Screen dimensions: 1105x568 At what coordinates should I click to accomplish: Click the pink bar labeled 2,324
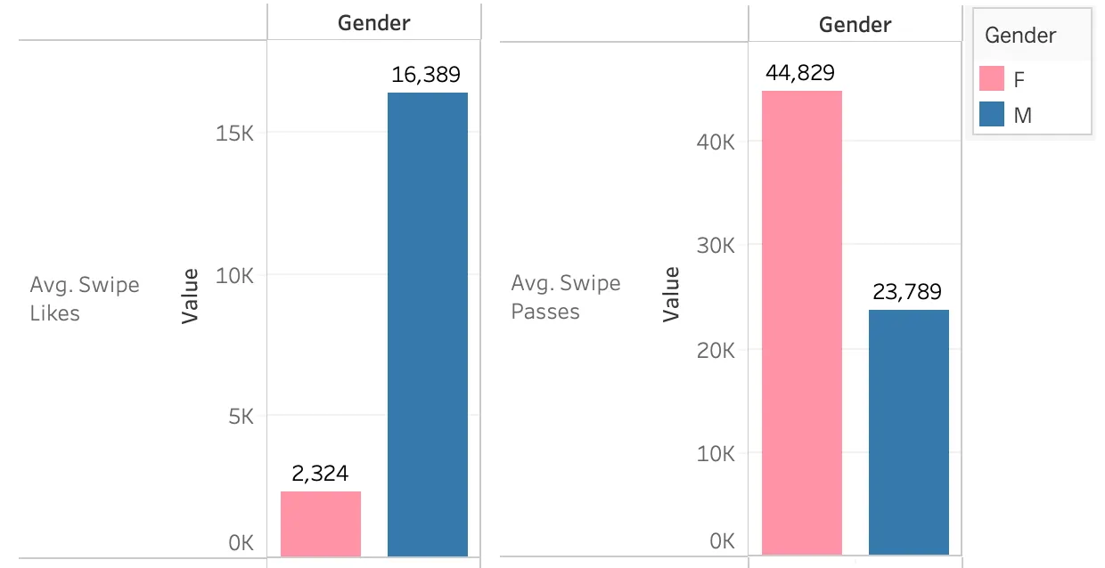coord(321,523)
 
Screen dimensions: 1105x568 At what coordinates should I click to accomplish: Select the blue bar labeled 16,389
coord(428,325)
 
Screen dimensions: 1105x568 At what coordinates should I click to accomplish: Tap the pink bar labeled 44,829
coord(802,322)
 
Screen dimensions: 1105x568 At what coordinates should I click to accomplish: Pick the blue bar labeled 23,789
coord(909,432)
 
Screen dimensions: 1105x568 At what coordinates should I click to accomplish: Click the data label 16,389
coord(426,75)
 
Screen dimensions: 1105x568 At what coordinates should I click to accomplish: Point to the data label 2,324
coord(320,474)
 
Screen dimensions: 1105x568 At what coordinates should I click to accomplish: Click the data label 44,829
coord(800,73)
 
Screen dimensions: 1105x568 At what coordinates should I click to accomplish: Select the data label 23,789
coord(907,292)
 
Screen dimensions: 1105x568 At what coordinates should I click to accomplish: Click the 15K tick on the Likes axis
coord(235,134)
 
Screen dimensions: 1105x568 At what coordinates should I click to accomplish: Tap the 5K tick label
coord(241,417)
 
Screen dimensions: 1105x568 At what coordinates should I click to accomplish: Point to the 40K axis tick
coord(716,142)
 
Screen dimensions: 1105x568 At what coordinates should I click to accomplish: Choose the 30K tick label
coord(716,246)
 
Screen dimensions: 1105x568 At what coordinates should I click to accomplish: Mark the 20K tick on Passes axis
coord(716,351)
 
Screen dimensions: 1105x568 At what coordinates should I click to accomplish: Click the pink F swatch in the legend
coord(992,78)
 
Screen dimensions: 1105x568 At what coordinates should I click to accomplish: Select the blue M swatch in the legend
coord(992,114)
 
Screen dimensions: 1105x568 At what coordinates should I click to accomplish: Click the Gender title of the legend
coord(1020,36)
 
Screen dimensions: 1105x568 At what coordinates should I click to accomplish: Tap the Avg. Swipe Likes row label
coord(85,298)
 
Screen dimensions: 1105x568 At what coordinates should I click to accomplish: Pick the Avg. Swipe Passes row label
coord(565,297)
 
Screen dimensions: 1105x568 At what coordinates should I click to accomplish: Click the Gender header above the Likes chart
coord(374,23)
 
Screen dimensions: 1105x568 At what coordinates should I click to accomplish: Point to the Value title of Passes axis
coord(671,295)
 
